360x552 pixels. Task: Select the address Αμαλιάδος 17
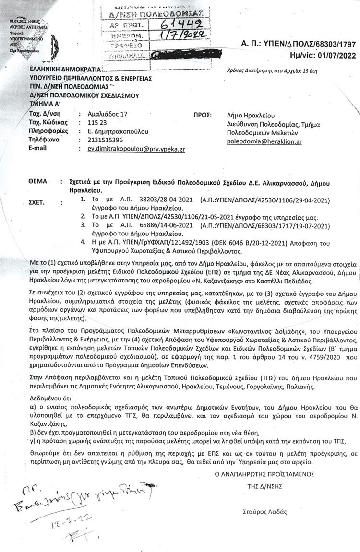point(105,114)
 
